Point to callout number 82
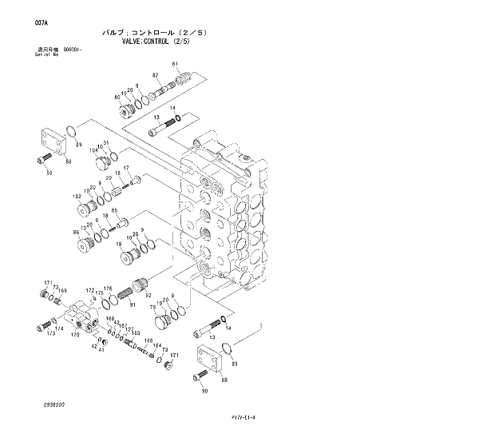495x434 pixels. point(156,75)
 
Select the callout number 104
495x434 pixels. point(93,149)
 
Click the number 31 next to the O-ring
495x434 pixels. point(105,143)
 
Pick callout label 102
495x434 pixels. point(77,196)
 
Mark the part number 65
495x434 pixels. point(114,211)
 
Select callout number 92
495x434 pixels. point(148,294)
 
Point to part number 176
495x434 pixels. point(108,289)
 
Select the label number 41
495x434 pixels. point(101,349)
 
